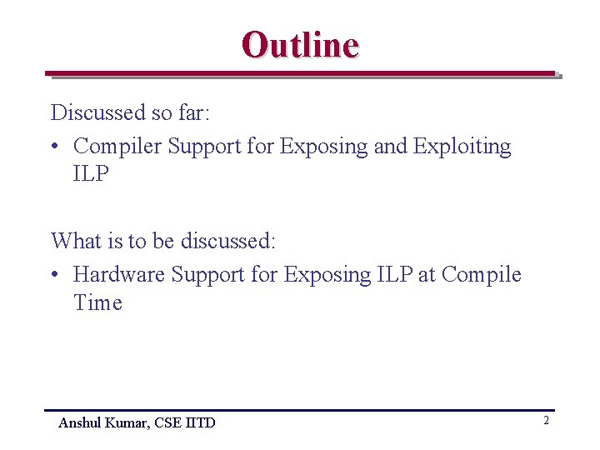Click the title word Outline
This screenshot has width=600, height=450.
pos(300,44)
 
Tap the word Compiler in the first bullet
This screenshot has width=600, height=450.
pos(117,147)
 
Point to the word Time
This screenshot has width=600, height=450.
pos(97,302)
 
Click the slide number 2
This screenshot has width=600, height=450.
pos(546,421)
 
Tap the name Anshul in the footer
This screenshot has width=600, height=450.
pos(79,423)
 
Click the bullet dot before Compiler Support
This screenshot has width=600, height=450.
pos(54,147)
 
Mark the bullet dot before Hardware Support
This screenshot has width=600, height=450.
pos(54,275)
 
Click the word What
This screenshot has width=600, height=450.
pos(76,242)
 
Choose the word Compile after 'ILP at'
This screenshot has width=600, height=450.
pos(482,274)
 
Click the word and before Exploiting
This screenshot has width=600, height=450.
pos(391,147)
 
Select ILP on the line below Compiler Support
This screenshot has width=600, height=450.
pos(92,174)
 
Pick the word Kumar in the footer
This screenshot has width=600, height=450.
pos(123,423)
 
